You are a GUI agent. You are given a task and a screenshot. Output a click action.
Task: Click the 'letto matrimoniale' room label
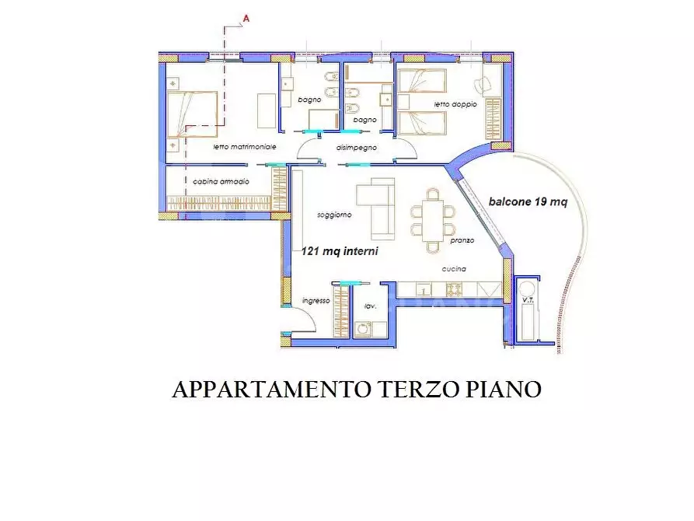[245, 147]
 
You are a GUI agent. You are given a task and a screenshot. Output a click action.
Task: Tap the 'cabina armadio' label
[221, 182]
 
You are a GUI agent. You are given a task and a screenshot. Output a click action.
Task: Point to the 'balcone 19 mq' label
[528, 202]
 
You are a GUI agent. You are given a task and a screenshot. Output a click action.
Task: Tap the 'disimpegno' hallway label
[357, 147]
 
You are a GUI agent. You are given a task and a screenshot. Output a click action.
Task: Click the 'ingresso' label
[316, 300]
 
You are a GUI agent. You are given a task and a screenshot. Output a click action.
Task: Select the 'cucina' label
[454, 269]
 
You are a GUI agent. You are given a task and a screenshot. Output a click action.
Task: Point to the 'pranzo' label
[462, 241]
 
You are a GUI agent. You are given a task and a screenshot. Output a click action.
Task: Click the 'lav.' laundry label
[371, 306]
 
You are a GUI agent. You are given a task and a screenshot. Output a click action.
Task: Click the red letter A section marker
[246, 16]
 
